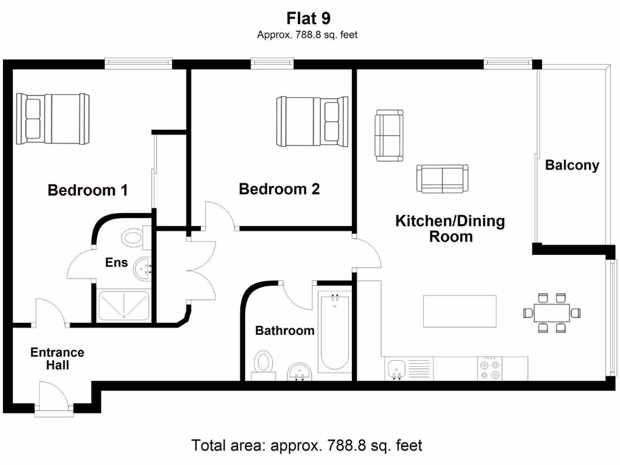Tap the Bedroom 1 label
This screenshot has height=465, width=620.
tap(88, 191)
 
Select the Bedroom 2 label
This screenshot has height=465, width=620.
tap(279, 190)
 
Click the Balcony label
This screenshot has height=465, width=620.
tap(572, 165)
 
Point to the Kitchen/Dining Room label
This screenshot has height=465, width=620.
tap(450, 228)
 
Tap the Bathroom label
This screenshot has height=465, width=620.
tap(285, 331)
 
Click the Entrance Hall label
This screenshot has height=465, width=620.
tap(58, 358)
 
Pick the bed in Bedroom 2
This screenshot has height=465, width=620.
tap(312, 121)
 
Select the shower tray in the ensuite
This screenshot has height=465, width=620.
tap(124, 305)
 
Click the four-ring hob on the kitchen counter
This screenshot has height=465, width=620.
tap(489, 369)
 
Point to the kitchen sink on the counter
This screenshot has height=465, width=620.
tap(397, 368)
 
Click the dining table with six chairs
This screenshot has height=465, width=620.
tap(552, 312)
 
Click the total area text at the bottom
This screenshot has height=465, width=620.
tap(306, 446)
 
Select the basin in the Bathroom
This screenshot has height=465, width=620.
tap(298, 371)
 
